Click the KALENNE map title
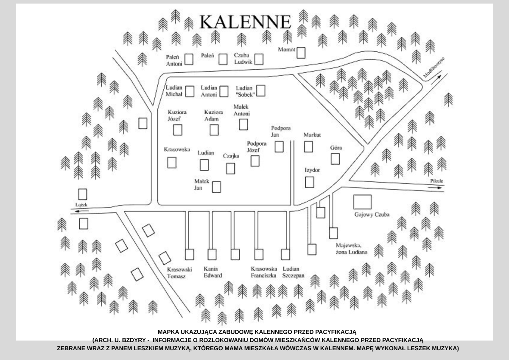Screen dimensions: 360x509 click(x=245, y=21)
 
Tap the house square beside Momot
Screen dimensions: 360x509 click(x=301, y=53)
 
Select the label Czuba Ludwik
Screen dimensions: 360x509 click(x=243, y=58)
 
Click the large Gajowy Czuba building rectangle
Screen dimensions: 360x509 click(x=362, y=202)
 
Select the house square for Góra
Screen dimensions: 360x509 click(x=336, y=159)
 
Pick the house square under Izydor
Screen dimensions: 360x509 click(x=310, y=182)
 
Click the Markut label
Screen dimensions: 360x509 click(x=312, y=135)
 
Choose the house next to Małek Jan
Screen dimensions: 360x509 click(x=217, y=187)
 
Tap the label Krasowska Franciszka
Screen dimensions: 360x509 click(x=264, y=272)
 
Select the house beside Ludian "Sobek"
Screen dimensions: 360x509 click(x=261, y=90)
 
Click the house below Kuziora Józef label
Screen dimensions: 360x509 click(x=179, y=129)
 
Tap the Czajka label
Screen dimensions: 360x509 click(x=231, y=156)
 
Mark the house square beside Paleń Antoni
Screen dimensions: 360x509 click(x=189, y=59)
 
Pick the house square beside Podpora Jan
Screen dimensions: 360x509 click(x=279, y=146)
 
